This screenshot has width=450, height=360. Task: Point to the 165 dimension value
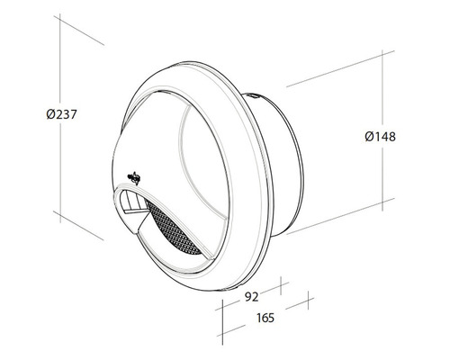tap(263, 317)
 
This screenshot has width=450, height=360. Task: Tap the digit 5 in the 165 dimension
tap(270, 317)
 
